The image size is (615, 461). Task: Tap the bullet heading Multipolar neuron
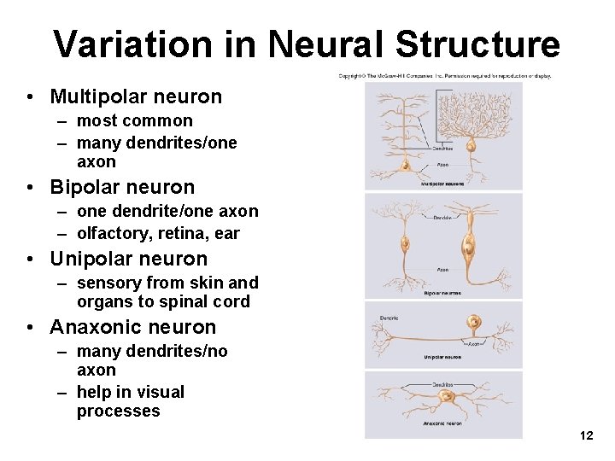coord(136,96)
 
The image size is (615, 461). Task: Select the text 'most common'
coord(135,120)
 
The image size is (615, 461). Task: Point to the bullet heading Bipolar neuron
coord(122,187)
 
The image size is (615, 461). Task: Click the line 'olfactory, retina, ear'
coord(158,233)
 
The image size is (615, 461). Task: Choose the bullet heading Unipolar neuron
coord(128,259)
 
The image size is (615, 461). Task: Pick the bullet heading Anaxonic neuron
coord(133,327)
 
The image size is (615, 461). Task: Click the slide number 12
coord(586,436)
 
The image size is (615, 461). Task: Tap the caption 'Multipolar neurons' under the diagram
coord(442,184)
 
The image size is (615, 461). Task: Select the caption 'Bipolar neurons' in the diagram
coord(442,293)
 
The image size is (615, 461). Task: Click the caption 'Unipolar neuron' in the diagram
coord(442,357)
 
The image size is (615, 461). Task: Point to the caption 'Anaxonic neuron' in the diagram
coord(442,423)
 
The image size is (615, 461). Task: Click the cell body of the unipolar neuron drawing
coord(472,322)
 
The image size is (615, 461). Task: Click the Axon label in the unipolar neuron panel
coord(474,342)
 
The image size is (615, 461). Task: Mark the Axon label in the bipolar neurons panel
coord(442,270)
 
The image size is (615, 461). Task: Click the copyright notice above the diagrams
coord(444,76)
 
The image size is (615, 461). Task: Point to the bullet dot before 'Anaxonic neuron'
coord(30,328)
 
